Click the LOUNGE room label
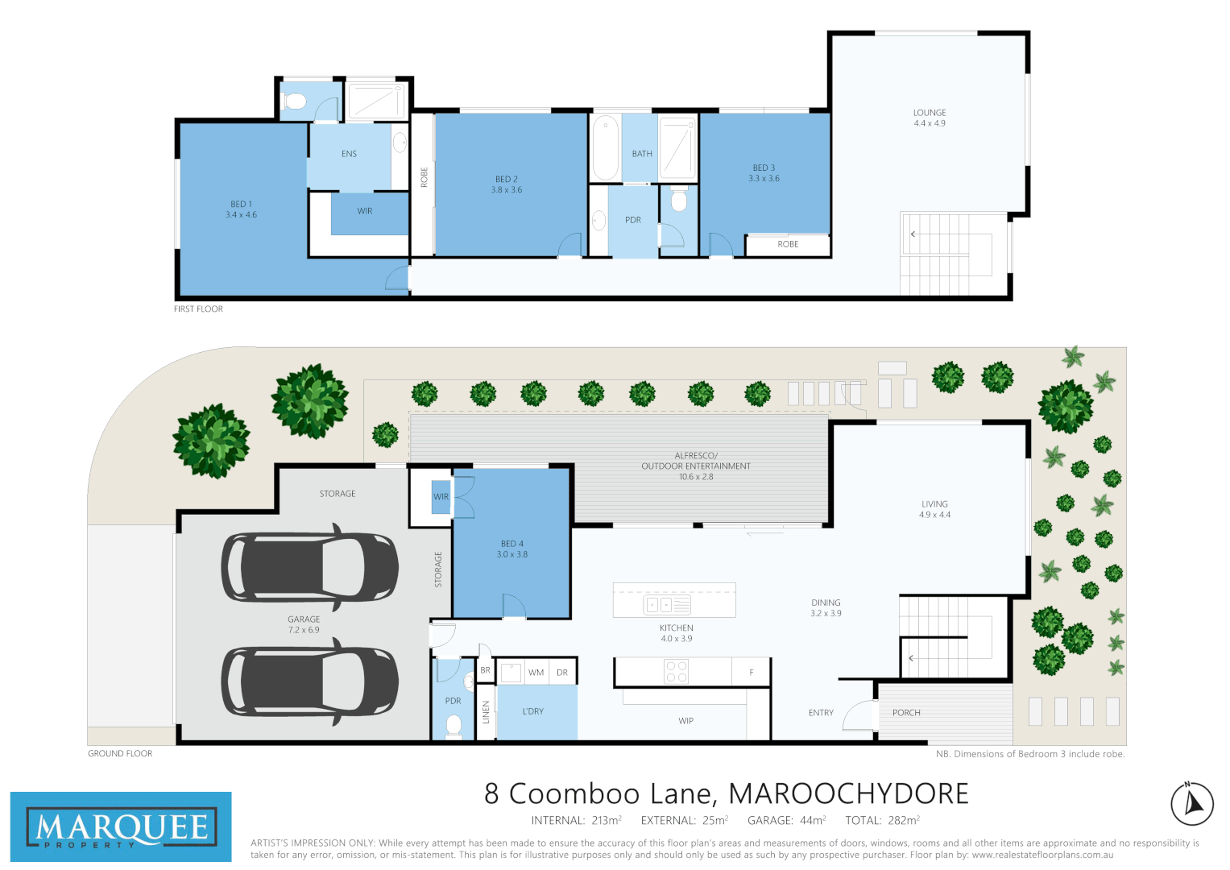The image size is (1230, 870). (929, 113)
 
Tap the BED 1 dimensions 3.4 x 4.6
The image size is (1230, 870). (241, 215)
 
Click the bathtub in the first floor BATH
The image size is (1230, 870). (605, 148)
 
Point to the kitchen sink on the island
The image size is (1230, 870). (667, 604)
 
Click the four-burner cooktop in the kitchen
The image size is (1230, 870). (677, 672)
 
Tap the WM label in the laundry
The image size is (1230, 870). (536, 673)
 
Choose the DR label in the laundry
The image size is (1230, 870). (562, 673)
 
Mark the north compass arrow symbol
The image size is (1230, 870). (1192, 803)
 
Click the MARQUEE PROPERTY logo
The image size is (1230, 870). (121, 827)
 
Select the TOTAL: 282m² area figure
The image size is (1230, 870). (882, 820)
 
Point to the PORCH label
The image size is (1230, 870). (906, 713)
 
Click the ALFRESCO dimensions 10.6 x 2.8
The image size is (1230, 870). (696, 477)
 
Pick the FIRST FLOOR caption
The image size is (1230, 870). (198, 309)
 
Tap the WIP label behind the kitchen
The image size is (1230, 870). (685, 721)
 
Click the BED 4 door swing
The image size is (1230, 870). (513, 607)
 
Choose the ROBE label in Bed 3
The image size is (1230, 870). (788, 244)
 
